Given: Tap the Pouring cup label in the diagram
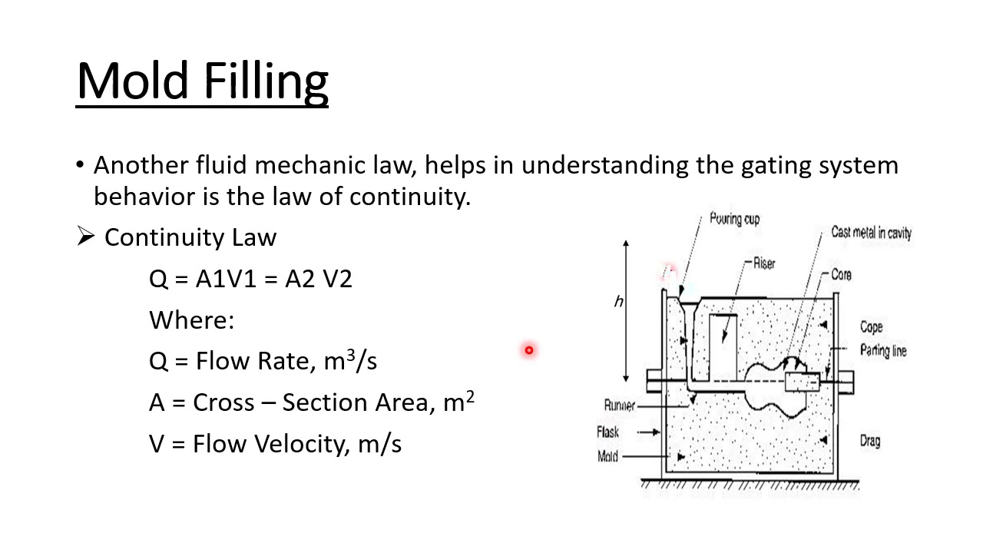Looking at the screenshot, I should pyautogui.click(x=734, y=219).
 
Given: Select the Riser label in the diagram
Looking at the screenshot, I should pyautogui.click(x=764, y=263).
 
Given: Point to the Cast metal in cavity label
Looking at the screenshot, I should pyautogui.click(x=871, y=232).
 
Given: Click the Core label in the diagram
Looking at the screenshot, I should pyautogui.click(x=841, y=274).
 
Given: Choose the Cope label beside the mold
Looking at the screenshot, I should pyautogui.click(x=871, y=326).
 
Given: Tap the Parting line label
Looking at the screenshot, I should pyautogui.click(x=883, y=350).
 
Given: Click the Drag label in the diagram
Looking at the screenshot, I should pyautogui.click(x=870, y=441).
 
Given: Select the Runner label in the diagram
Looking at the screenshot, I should pyautogui.click(x=619, y=406).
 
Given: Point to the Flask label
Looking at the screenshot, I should pyautogui.click(x=607, y=432).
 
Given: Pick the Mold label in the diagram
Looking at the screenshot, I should pyautogui.click(x=607, y=456).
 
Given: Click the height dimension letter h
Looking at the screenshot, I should pyautogui.click(x=618, y=302).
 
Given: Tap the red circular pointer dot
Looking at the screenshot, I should pyautogui.click(x=528, y=350).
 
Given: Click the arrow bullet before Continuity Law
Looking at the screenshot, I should pyautogui.click(x=84, y=237).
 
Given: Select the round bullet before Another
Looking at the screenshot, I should pyautogui.click(x=80, y=165).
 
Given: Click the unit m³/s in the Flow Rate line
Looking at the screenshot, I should pyautogui.click(x=350, y=360).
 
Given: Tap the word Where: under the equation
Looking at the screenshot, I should pyautogui.click(x=191, y=320).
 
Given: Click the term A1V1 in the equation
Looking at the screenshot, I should pyautogui.click(x=226, y=279).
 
